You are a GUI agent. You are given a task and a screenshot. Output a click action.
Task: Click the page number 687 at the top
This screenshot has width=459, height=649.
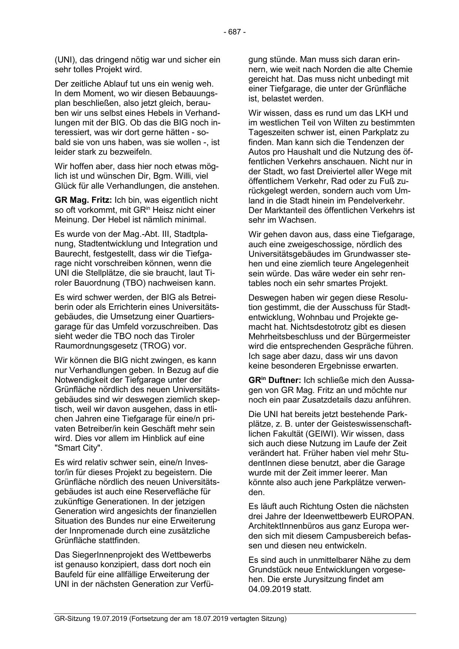234,32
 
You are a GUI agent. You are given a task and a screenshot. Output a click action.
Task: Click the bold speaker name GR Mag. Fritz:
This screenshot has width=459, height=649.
83,200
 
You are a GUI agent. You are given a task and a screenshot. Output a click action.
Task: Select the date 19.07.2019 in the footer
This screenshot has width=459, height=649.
109,619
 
